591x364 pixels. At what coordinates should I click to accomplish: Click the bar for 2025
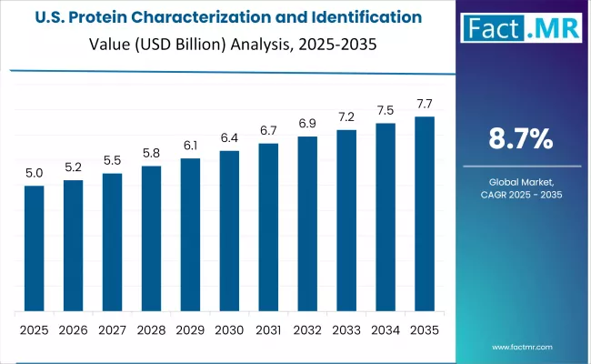(x=34, y=248)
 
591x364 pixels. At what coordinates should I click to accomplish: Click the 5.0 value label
(x=34, y=173)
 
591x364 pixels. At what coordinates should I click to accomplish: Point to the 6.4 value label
(x=229, y=137)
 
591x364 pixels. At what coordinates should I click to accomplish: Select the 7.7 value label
(x=425, y=104)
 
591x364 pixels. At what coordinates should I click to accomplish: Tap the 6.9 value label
(x=307, y=123)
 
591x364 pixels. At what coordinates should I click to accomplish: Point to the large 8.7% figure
(x=522, y=139)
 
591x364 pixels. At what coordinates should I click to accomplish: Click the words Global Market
(x=522, y=184)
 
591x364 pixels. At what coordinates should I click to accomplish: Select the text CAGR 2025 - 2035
(x=522, y=197)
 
